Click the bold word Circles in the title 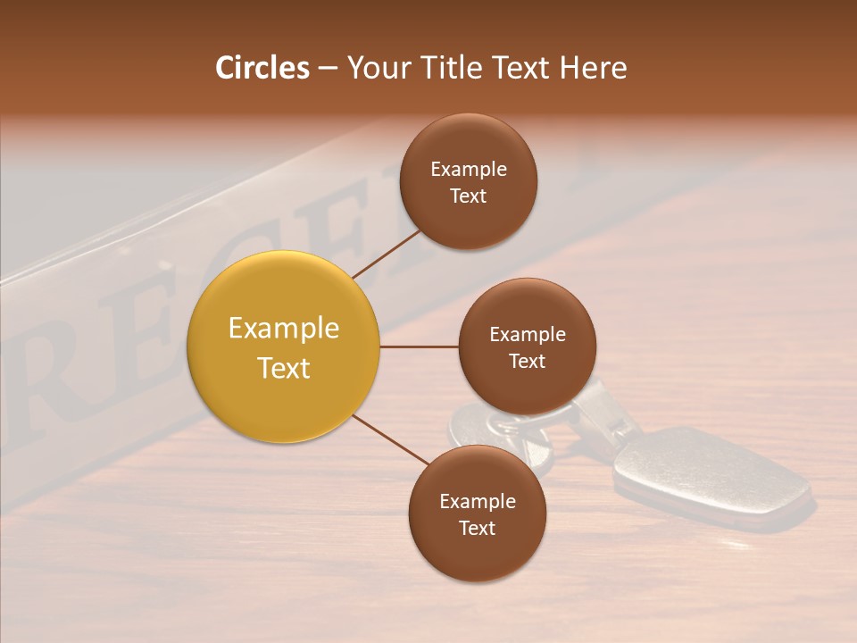point(262,68)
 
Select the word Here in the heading point(593,68)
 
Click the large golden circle point(283,347)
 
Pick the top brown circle point(469,181)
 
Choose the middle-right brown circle point(528,347)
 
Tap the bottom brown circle point(477,514)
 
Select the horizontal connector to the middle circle point(420,347)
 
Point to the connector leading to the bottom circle point(391,440)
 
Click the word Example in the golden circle point(284,329)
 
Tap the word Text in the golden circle point(284,368)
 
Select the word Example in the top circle point(469,170)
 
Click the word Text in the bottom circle point(477,528)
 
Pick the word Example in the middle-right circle point(528,335)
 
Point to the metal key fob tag point(710,473)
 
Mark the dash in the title point(328,68)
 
